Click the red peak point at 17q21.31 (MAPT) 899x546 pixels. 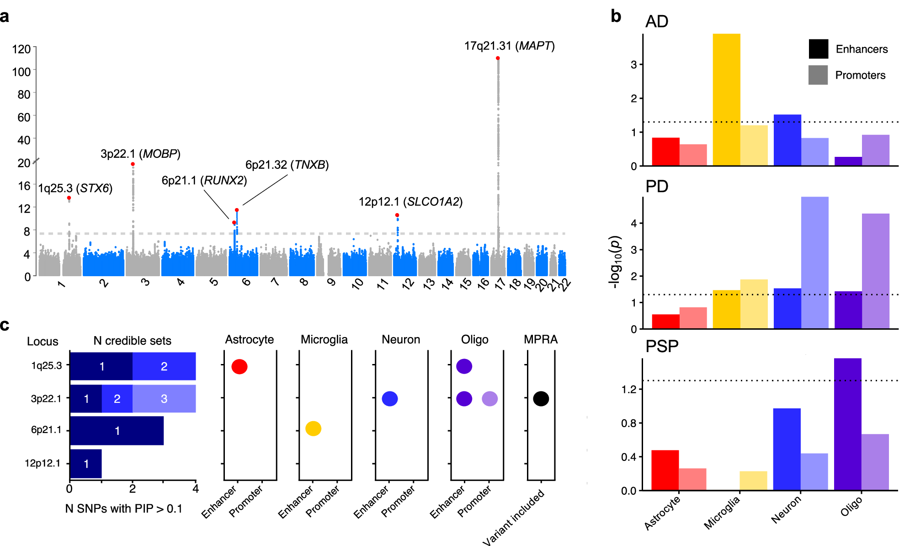tap(498, 58)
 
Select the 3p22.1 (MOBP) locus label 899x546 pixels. tap(140, 154)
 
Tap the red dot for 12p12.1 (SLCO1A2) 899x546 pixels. tap(397, 215)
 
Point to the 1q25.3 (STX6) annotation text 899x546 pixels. tap(75, 188)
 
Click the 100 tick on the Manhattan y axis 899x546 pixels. tap(21, 72)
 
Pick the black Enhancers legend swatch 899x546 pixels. tap(818, 49)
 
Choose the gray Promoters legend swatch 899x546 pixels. tap(818, 75)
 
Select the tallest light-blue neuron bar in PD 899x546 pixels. tap(814, 262)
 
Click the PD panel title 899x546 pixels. tap(657, 187)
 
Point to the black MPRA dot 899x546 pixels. tap(541, 399)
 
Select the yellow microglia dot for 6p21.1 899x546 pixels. tap(314, 428)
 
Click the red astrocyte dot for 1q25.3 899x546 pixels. tap(239, 366)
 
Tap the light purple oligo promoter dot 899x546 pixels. tap(489, 399)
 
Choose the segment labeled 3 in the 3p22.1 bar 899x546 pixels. tap(164, 399)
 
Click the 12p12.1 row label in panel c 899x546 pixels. tap(43, 463)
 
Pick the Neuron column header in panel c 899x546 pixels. tap(401, 340)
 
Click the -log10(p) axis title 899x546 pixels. tap(615, 262)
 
